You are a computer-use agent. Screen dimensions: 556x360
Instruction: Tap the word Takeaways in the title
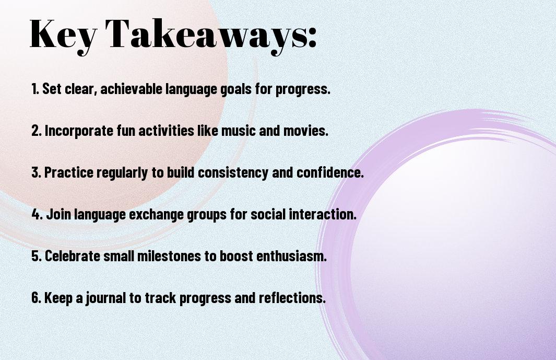tap(205, 35)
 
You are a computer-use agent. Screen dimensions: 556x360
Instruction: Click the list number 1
tap(35, 89)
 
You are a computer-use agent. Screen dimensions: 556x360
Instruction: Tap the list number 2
tap(36, 131)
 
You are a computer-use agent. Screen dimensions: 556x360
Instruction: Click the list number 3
tap(36, 172)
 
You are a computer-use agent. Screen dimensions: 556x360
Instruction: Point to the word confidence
tap(330, 172)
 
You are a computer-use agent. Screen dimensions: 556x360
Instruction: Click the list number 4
tap(37, 214)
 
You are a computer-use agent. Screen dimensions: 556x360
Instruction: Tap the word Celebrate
tap(73, 256)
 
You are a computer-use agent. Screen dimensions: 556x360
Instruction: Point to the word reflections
tap(292, 298)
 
